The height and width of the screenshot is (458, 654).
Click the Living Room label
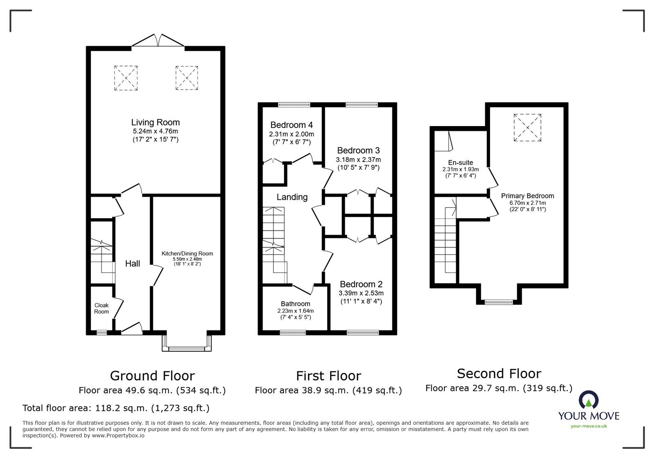(155, 122)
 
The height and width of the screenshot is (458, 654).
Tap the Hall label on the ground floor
(132, 264)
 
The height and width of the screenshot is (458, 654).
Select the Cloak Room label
(101, 308)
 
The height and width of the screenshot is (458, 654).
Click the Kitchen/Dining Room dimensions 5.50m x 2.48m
(187, 259)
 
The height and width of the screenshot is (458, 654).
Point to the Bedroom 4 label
(291, 125)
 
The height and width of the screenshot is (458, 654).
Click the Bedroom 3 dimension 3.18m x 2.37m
(358, 160)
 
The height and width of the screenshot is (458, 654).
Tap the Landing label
(292, 197)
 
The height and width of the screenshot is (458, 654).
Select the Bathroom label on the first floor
(295, 304)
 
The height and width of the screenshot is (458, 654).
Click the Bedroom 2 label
(361, 284)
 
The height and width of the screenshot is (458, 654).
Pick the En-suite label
(460, 162)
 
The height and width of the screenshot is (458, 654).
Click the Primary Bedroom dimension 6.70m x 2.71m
(527, 203)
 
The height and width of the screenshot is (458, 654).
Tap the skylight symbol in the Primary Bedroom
(527, 128)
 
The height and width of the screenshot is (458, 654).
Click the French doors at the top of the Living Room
(158, 41)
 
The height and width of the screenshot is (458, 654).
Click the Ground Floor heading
(152, 375)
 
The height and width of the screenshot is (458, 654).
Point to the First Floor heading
(328, 375)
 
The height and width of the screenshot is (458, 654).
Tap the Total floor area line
(116, 408)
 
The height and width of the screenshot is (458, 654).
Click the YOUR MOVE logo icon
(588, 400)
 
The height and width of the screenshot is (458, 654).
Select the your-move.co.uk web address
(589, 426)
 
